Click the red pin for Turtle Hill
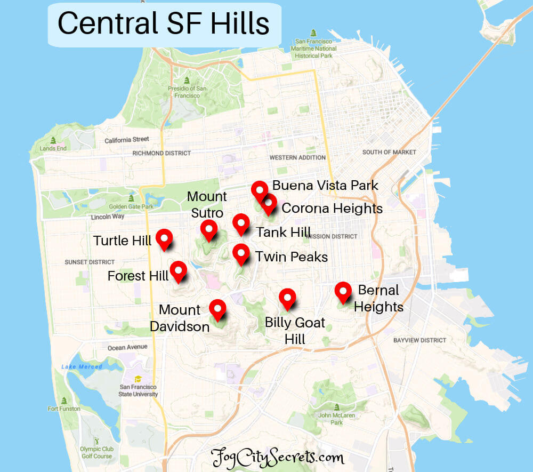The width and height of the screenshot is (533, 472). [x=164, y=238]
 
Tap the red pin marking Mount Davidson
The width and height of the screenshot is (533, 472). [x=217, y=308]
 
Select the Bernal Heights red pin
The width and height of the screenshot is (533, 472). [x=343, y=291]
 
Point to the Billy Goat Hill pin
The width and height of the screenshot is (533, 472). [x=287, y=298]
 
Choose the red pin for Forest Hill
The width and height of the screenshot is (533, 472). [x=178, y=270]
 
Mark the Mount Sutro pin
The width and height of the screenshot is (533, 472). [x=208, y=229]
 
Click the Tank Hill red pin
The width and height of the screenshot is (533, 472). [x=241, y=222]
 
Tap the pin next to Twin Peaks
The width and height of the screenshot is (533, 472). [x=241, y=253]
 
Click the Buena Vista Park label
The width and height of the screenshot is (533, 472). [x=325, y=186]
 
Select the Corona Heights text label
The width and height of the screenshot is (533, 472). [x=332, y=208]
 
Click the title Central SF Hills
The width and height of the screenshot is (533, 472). [x=163, y=24]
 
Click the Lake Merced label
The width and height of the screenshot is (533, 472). [x=82, y=367]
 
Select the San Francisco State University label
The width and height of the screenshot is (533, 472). [x=139, y=390]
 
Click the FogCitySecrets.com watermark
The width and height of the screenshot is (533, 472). [x=277, y=458]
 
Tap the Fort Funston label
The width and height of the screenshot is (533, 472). [x=64, y=409]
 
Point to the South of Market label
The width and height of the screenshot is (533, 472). [x=389, y=152]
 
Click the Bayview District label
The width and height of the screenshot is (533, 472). [x=419, y=340]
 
